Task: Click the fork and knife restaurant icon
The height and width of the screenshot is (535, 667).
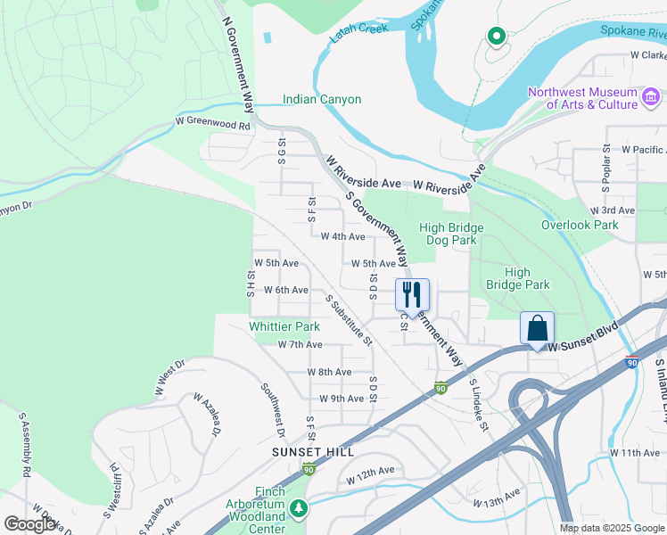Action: coord(412,293)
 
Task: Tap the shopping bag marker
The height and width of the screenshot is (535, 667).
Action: coord(538,327)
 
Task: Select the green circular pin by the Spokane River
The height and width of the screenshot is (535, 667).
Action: coord(496,37)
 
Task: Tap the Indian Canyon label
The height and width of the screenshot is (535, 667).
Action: coord(322,99)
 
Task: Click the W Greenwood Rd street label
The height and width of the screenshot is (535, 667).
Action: coord(213,126)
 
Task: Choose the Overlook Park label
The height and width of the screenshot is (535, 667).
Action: coord(580,225)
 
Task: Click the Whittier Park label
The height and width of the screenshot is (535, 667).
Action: coord(284,327)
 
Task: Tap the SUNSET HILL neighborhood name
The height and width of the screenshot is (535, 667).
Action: coord(307,453)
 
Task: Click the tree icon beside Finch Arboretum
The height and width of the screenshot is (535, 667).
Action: coord(300,508)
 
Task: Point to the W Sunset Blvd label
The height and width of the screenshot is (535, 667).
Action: coord(584,345)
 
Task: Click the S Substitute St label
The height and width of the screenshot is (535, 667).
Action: coord(348,320)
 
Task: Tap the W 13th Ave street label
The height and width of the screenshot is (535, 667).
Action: coord(497,498)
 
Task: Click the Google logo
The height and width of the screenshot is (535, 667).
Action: coord(29,524)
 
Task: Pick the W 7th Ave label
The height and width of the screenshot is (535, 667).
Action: coord(300,344)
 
